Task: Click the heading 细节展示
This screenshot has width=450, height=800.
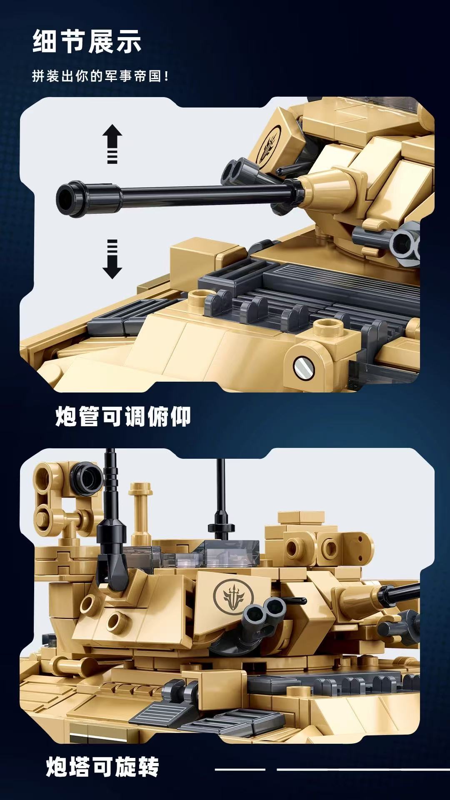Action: click(87, 42)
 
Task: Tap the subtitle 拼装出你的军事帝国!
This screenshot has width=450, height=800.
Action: click(100, 76)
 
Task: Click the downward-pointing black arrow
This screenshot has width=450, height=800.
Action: click(112, 259)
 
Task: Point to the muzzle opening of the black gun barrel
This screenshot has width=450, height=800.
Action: click(65, 199)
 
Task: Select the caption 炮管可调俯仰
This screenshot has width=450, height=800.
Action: click(123, 416)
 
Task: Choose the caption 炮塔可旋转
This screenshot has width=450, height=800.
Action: click(102, 767)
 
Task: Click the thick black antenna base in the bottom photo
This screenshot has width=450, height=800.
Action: click(112, 554)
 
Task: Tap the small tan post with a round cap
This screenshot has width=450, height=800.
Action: click(140, 508)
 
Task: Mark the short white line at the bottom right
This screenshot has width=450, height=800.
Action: click(240, 769)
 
